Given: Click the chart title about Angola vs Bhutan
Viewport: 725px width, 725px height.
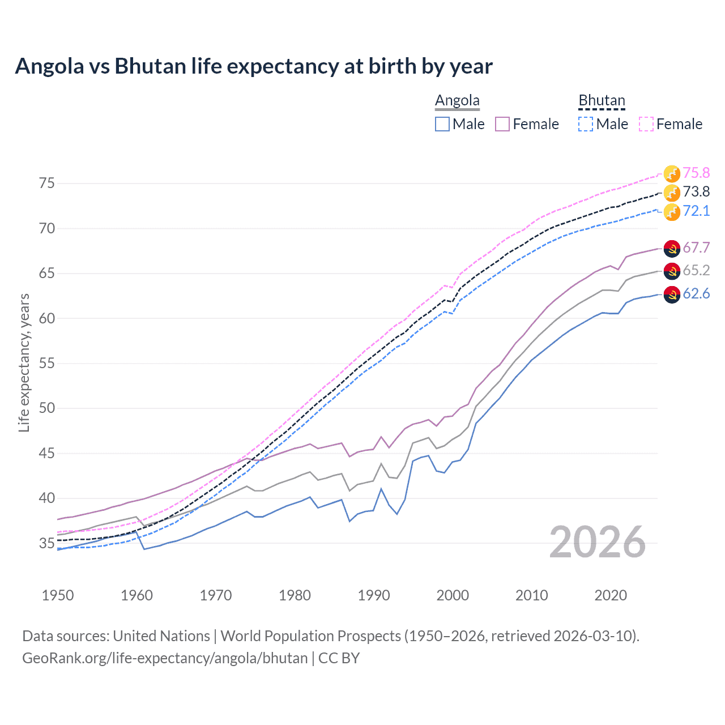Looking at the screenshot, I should click(x=254, y=66).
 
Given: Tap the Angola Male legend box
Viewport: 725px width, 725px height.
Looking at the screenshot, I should click(x=442, y=124).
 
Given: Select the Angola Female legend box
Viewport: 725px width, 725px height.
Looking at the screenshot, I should click(x=503, y=124).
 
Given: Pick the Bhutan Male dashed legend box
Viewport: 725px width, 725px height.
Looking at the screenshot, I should click(x=586, y=124).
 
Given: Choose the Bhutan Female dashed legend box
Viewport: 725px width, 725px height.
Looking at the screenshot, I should click(x=646, y=124).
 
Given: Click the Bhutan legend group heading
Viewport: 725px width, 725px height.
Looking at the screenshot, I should click(x=602, y=101).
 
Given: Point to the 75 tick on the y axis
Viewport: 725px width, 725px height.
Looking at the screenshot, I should click(x=47, y=183).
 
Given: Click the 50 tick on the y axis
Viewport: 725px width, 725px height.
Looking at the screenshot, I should click(x=47, y=408).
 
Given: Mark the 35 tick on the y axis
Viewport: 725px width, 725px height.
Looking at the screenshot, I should click(x=47, y=543).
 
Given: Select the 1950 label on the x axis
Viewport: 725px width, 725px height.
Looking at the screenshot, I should click(x=58, y=595).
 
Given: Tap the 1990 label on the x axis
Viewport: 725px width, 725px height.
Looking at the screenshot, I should click(x=374, y=595).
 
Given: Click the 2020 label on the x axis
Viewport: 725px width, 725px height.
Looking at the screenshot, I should click(x=611, y=595).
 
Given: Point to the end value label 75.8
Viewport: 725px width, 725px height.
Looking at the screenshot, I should click(x=696, y=173).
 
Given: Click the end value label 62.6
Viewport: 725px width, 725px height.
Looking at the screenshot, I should click(x=696, y=293).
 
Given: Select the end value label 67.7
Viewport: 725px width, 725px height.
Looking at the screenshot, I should click(x=696, y=248).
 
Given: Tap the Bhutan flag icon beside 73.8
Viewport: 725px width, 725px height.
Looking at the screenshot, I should click(x=672, y=193).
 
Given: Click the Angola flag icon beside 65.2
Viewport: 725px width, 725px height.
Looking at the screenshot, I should click(x=672, y=271).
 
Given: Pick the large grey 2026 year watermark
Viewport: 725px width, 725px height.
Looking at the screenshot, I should click(x=598, y=542).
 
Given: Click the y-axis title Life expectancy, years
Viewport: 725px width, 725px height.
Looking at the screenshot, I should click(x=24, y=362).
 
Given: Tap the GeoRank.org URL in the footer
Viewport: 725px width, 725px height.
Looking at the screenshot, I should click(x=165, y=658).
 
